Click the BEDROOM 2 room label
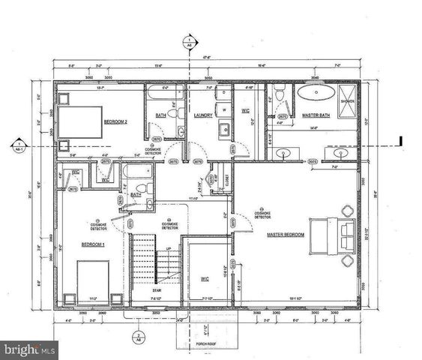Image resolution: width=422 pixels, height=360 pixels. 115,121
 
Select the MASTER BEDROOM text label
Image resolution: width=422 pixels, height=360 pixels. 286,234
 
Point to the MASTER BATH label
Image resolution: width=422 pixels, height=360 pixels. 316,115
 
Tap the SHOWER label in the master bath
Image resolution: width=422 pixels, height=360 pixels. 348,100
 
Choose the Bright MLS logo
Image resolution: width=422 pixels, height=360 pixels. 30,349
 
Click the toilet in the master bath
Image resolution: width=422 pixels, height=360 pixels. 279,96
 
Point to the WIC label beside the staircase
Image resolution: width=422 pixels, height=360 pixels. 205,278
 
